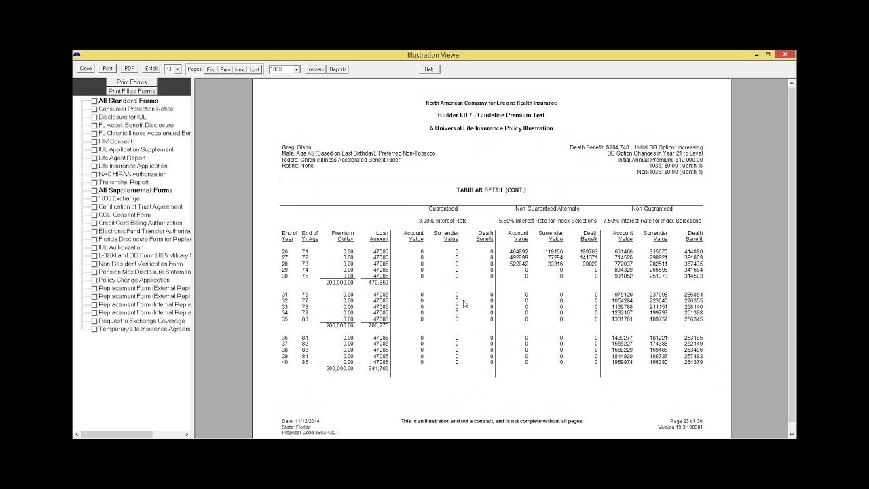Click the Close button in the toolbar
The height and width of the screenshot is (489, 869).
[86, 69]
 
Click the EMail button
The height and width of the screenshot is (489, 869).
[151, 69]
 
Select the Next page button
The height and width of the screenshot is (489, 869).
[240, 69]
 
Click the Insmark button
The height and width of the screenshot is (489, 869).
[316, 69]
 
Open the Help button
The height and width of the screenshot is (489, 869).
[429, 69]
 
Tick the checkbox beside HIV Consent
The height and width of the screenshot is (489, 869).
[94, 142]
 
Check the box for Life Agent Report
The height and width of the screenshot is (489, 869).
[94, 158]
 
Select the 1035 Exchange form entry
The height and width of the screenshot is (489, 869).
[119, 198]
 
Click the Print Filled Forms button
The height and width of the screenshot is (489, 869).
[132, 91]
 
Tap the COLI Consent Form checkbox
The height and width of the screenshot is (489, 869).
[94, 215]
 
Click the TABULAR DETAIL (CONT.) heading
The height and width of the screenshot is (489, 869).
[491, 190]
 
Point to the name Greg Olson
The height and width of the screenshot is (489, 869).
[297, 147]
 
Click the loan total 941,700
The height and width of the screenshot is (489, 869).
[378, 369]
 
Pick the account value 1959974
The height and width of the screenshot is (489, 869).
[623, 363]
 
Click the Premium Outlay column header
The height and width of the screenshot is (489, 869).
[342, 236]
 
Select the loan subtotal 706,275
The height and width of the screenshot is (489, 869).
[378, 326]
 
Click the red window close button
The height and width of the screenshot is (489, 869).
[785, 55]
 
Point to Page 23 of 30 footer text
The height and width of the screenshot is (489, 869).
[686, 421]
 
